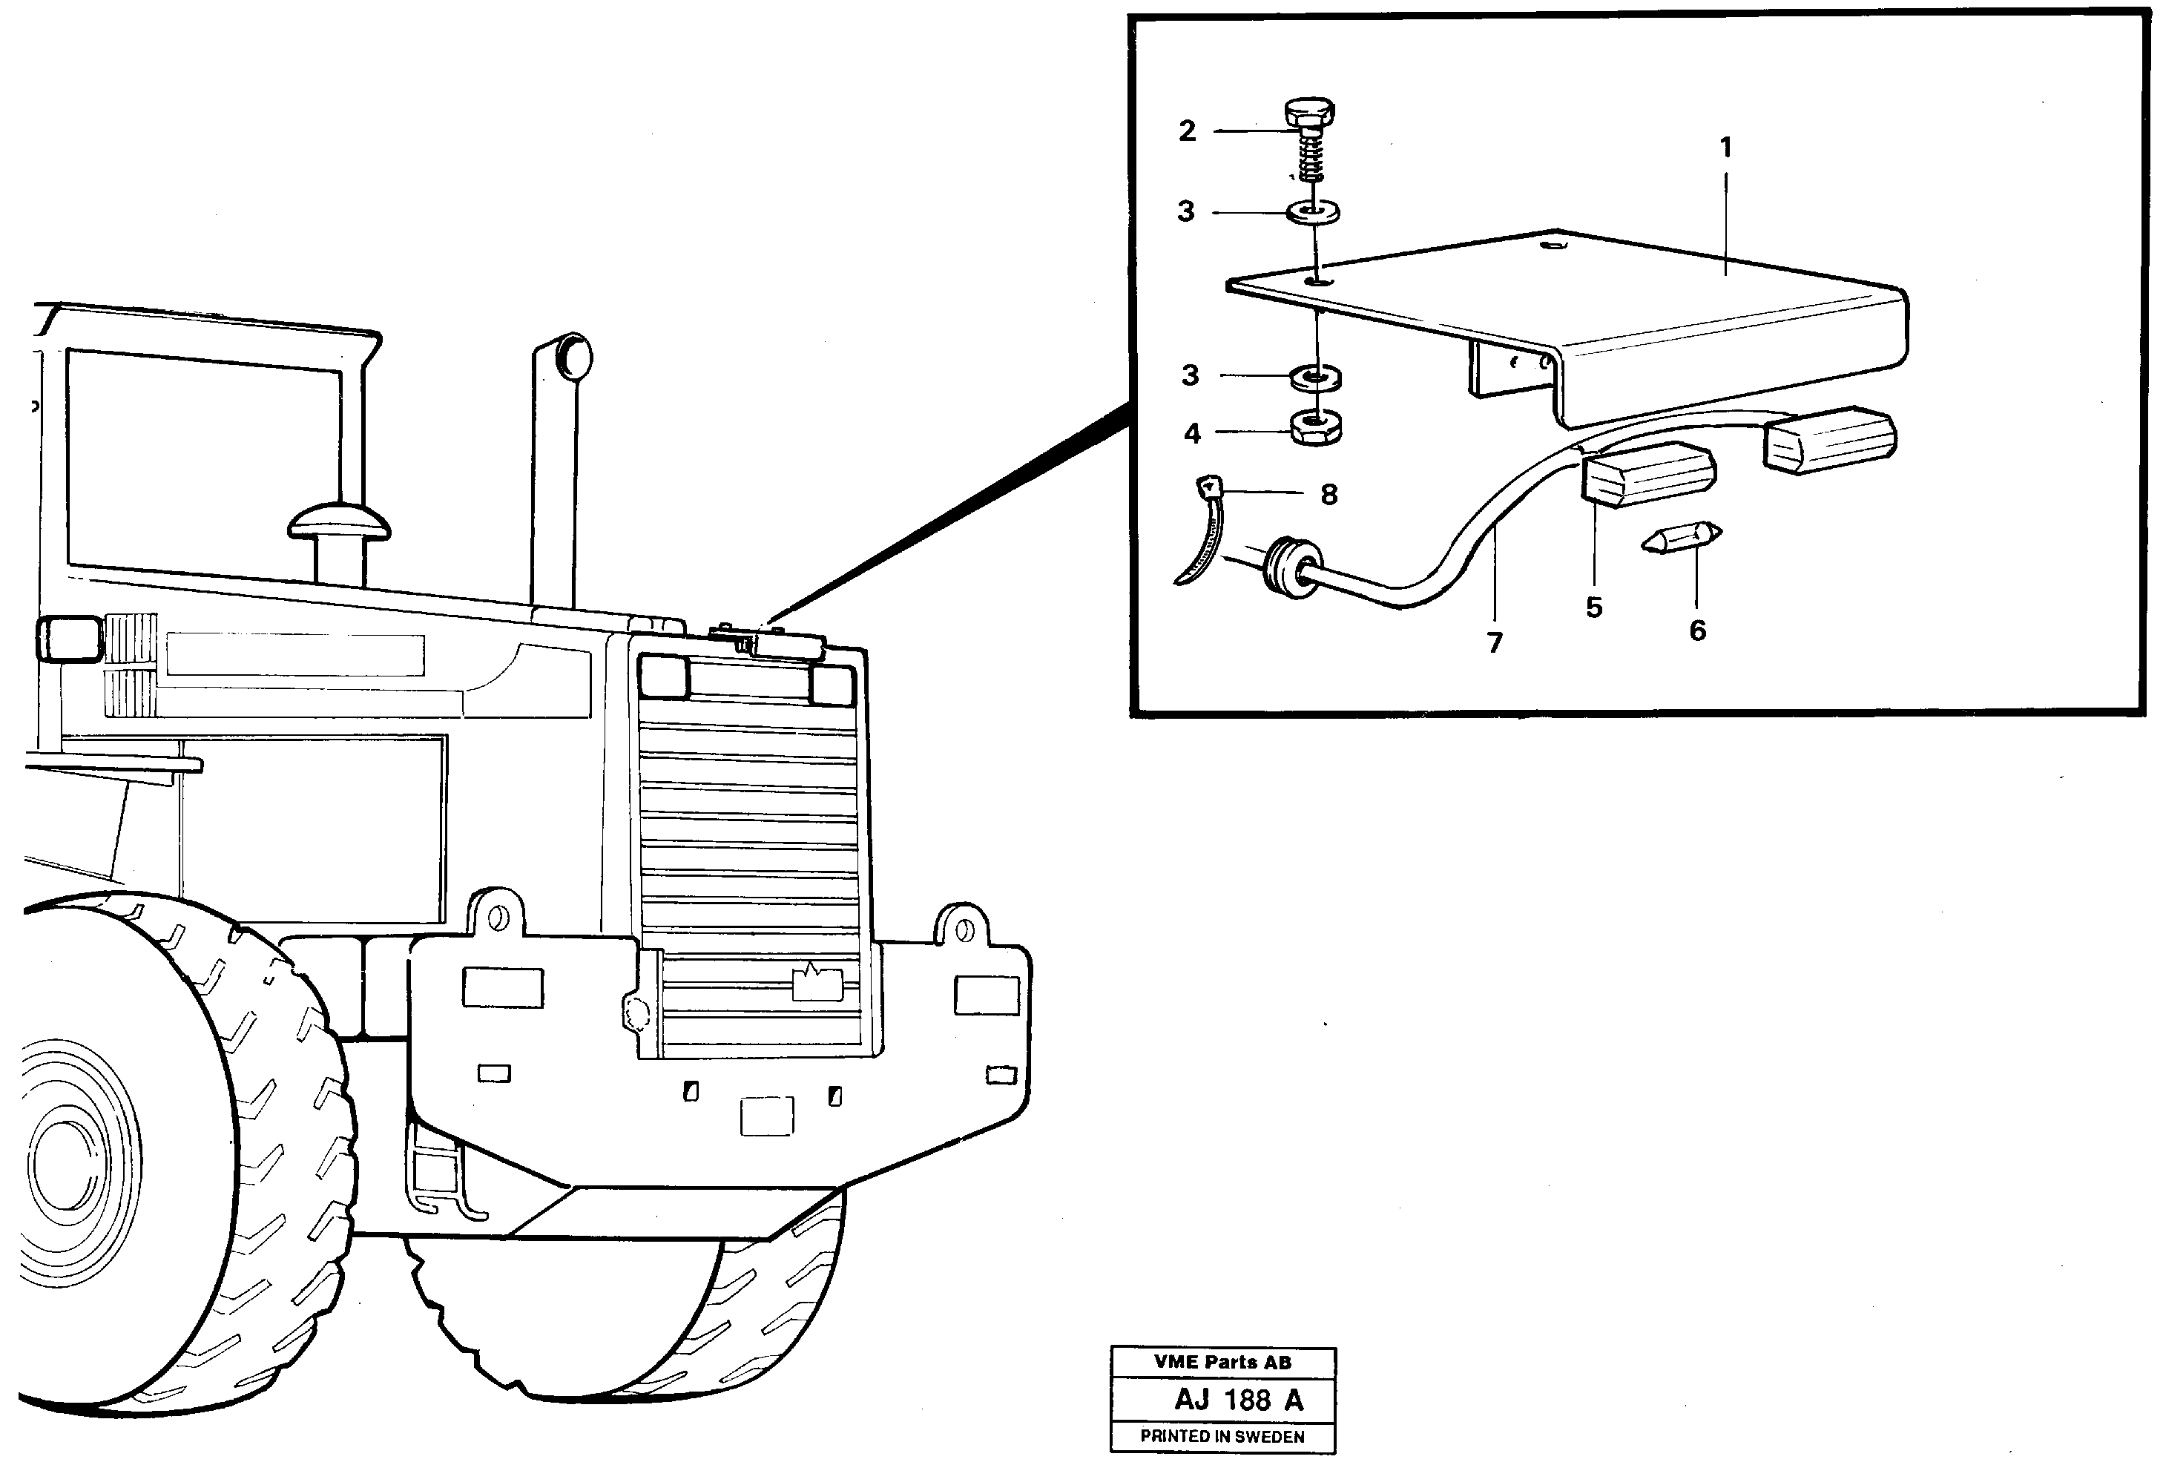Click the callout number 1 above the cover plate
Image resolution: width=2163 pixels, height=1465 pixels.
pos(1725,147)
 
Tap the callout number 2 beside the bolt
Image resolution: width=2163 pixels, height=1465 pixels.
pos(1187,131)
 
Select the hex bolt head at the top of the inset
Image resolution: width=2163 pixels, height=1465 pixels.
pos(1311,113)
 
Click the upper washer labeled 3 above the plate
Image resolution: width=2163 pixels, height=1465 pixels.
pos(1313,213)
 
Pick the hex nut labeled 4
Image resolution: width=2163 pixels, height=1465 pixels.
pos(1315,429)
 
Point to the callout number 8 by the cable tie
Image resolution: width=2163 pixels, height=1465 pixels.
pos(1329,494)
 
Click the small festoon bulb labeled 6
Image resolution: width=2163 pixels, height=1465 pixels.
pos(1682,538)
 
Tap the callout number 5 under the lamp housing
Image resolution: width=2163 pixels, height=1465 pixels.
pos(1594,608)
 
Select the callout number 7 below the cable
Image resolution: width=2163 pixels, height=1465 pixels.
pos(1495,642)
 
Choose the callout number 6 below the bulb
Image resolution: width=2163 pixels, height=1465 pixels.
pos(1698,631)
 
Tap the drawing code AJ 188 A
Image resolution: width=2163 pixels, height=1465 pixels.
pos(1238,1400)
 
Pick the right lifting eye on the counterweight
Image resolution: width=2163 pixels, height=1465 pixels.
pos(964,929)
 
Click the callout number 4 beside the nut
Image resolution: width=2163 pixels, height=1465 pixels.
pos(1192,434)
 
